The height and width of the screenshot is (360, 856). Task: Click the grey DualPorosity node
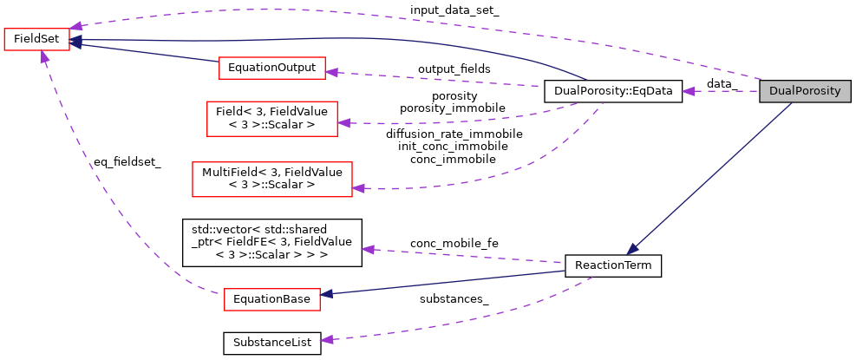point(805,91)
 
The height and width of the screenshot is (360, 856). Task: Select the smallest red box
point(36,40)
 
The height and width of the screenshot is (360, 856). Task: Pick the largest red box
point(272,180)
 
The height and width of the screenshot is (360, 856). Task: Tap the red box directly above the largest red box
point(272,119)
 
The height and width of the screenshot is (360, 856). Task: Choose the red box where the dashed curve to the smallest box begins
point(272,299)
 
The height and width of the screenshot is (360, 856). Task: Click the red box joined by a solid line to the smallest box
point(272,69)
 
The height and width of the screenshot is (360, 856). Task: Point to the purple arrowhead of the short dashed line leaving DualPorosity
point(688,91)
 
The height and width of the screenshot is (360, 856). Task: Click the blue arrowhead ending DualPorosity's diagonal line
point(632,249)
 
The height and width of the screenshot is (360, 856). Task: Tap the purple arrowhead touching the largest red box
point(358,187)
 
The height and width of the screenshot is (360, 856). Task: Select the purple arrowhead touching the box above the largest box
point(343,123)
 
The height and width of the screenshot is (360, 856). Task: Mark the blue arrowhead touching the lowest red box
point(326,294)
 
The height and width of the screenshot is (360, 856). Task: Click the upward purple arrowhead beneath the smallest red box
point(43,56)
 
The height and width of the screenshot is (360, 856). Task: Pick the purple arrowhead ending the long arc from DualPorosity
point(76,26)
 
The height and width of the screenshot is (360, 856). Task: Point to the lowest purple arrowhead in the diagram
point(327,339)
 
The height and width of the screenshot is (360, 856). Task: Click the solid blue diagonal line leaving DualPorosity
point(711,178)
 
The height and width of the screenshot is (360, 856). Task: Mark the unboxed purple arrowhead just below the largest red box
point(368,250)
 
